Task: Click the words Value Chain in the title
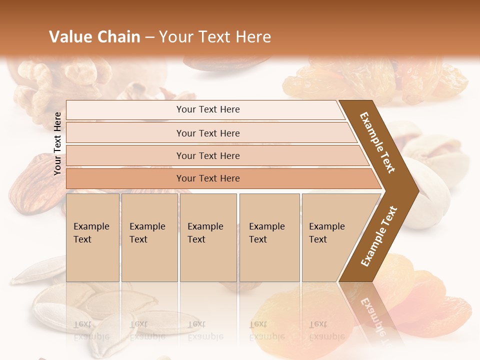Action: (95, 37)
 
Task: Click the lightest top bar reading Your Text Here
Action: (207, 109)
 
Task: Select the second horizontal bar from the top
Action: (207, 133)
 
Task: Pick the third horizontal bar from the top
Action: (207, 155)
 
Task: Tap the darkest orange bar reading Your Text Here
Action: (207, 178)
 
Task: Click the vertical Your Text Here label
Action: (57, 143)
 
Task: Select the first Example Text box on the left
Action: (92, 237)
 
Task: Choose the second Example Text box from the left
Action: (149, 237)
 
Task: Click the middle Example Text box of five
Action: (208, 237)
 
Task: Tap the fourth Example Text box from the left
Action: (269, 237)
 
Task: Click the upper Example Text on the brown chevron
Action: (378, 142)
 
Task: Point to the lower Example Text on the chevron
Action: (379, 236)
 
